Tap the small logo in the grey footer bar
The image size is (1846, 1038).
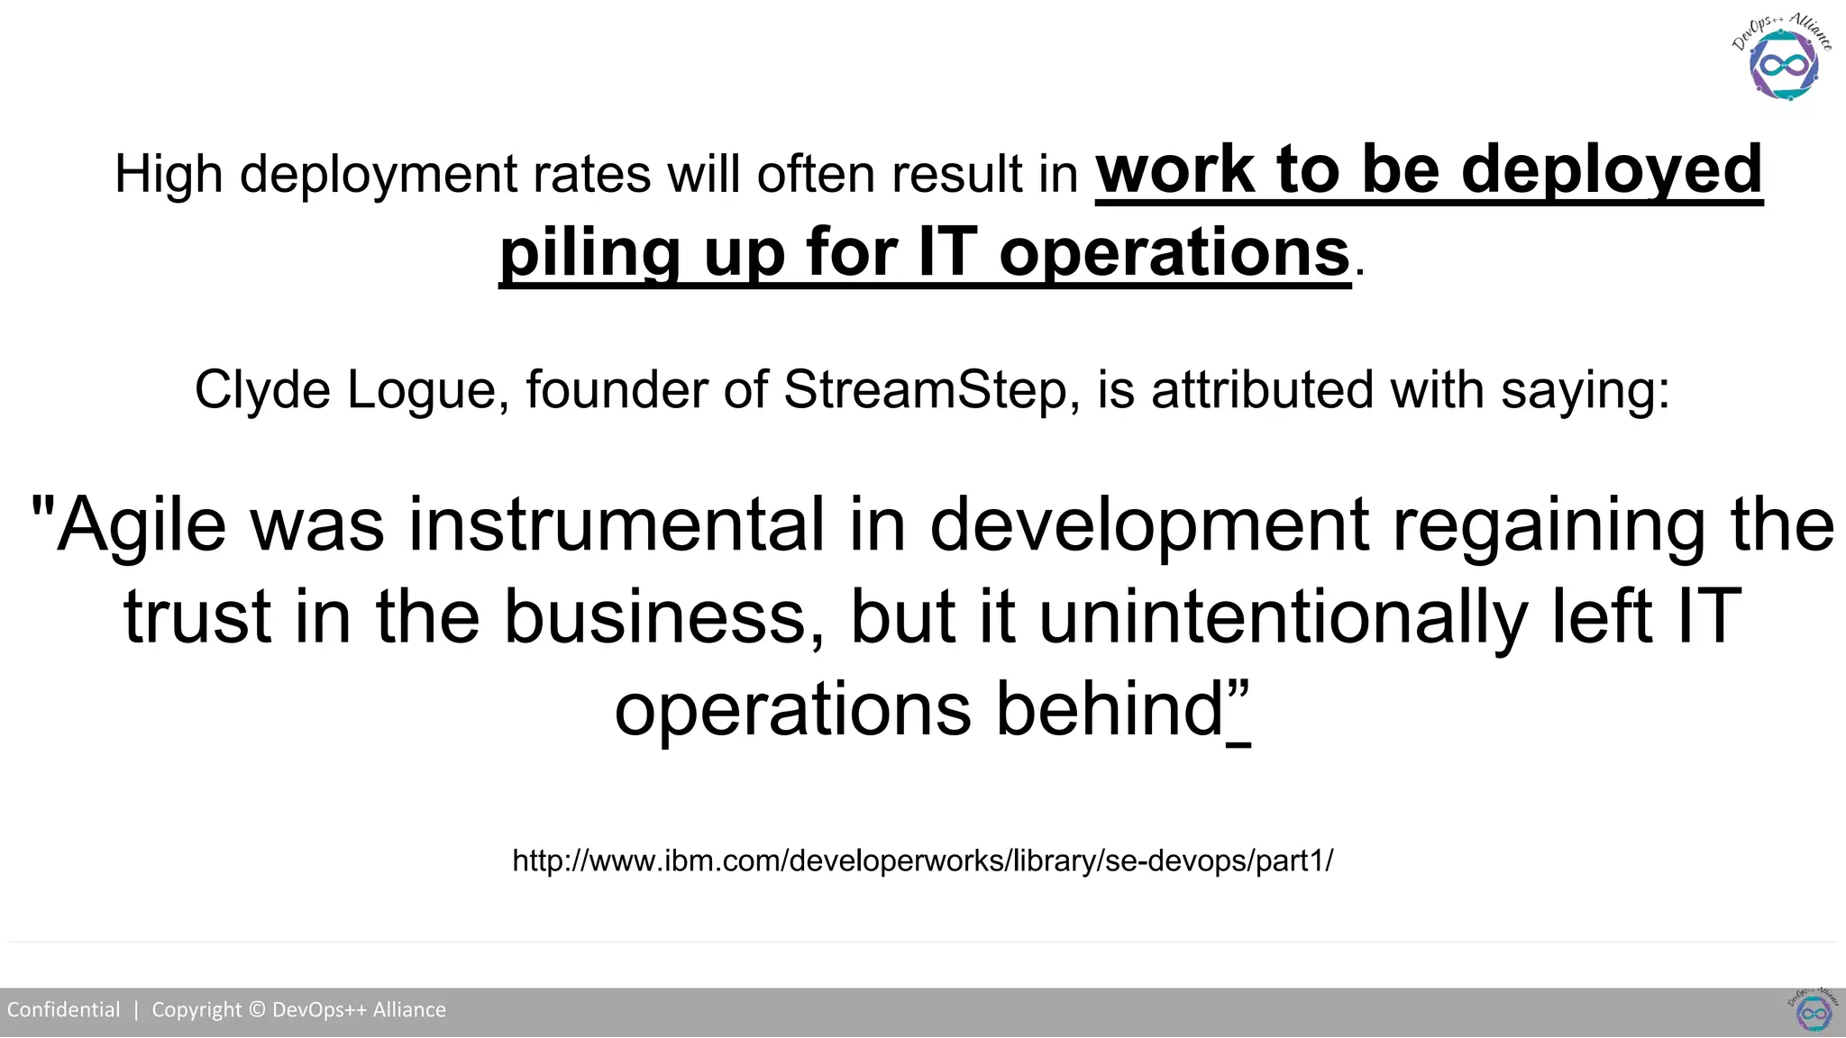1813,1010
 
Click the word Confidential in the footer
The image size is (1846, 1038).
63,1009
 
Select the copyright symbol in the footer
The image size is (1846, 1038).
257,1009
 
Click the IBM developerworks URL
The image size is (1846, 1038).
922,860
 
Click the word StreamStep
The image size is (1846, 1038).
925,390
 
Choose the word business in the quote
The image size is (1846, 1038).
653,617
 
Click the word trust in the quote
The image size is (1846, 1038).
197,617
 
